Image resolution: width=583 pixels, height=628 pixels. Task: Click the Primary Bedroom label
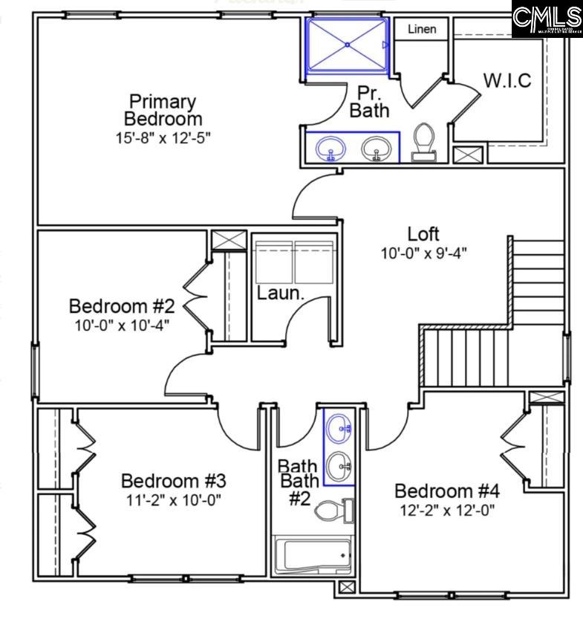(x=162, y=109)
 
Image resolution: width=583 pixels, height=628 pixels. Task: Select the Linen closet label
(x=421, y=30)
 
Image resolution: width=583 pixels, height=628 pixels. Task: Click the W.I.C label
(x=508, y=81)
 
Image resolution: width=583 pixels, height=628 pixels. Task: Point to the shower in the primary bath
(x=347, y=45)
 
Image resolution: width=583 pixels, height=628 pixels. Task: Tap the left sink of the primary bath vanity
(x=330, y=149)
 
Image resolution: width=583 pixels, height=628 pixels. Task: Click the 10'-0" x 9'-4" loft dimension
(x=424, y=253)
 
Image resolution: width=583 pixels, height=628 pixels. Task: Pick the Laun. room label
(x=281, y=293)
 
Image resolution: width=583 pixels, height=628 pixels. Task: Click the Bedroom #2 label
(x=122, y=305)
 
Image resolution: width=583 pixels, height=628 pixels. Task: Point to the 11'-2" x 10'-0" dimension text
(x=173, y=499)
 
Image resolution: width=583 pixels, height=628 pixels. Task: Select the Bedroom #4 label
(x=446, y=491)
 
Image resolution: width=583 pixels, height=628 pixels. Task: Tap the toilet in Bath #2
(x=333, y=511)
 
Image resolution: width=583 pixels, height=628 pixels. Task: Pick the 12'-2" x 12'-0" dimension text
(x=446, y=510)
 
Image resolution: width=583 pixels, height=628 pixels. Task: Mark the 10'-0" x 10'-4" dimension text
(x=122, y=325)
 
